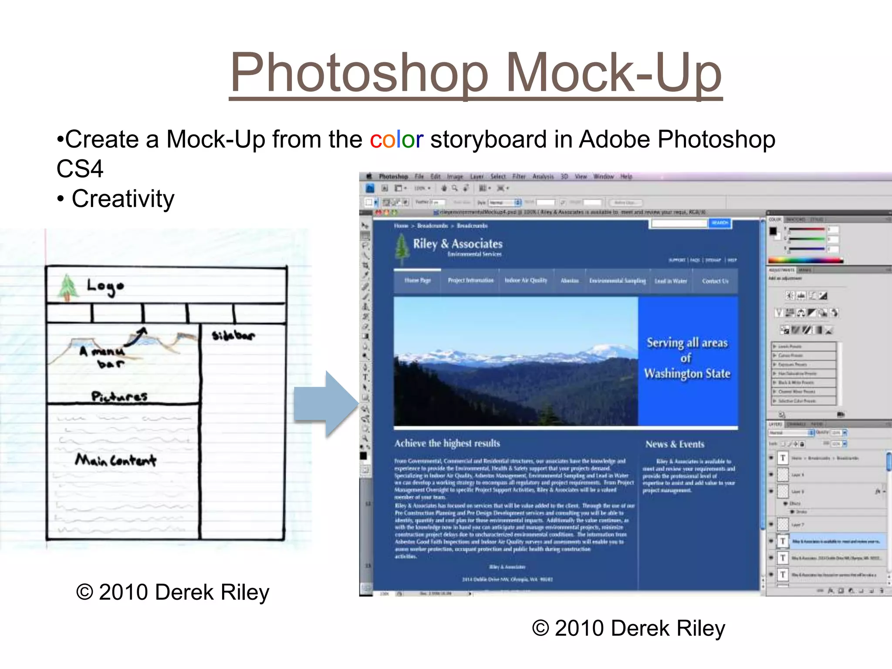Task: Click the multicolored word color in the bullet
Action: tap(396, 139)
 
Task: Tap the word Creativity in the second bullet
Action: tap(123, 199)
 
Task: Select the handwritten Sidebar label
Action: tap(233, 335)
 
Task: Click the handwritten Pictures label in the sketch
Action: tap(119, 396)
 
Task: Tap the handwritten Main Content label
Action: tap(115, 460)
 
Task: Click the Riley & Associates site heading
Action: tap(457, 243)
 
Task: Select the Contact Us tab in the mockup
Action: tap(715, 281)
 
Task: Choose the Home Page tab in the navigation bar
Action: tap(417, 280)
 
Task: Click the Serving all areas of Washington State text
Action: tap(687, 358)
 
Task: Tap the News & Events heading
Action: tap(675, 444)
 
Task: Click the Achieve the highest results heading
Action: tap(447, 443)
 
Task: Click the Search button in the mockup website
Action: tap(720, 223)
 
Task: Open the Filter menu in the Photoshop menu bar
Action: tap(519, 176)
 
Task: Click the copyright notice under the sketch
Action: tap(172, 592)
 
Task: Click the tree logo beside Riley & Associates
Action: tap(401, 248)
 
